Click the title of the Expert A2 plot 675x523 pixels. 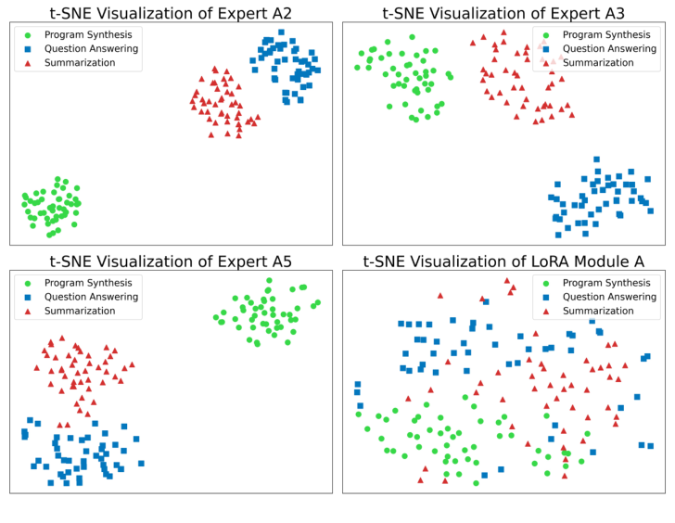coord(170,12)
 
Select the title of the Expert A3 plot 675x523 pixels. coord(503,12)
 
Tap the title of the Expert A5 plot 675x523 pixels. coord(170,261)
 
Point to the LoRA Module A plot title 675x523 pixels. coord(503,261)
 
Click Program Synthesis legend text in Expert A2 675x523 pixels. coord(91,33)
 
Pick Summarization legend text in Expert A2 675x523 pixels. coord(82,63)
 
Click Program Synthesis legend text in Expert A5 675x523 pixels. coord(91,283)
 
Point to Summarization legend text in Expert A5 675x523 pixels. coord(82,312)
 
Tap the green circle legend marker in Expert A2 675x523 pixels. coord(29,33)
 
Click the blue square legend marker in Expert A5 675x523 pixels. coord(29,297)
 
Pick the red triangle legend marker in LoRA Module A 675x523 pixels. coord(547,312)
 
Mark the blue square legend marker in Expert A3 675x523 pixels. coord(547,48)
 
